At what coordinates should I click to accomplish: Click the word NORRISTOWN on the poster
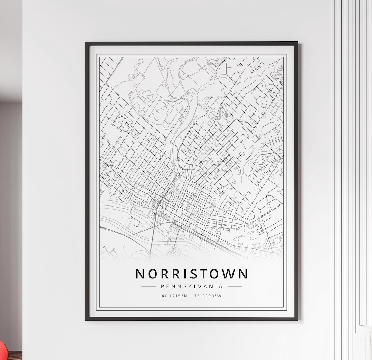(192, 274)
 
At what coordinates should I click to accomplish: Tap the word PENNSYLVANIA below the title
(192, 286)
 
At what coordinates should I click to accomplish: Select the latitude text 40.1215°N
(174, 296)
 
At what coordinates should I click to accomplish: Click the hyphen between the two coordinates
(192, 296)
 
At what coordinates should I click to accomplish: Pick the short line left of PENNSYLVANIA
(148, 286)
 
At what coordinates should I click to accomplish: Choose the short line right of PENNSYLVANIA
(235, 286)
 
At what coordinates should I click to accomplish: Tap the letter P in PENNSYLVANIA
(162, 286)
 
